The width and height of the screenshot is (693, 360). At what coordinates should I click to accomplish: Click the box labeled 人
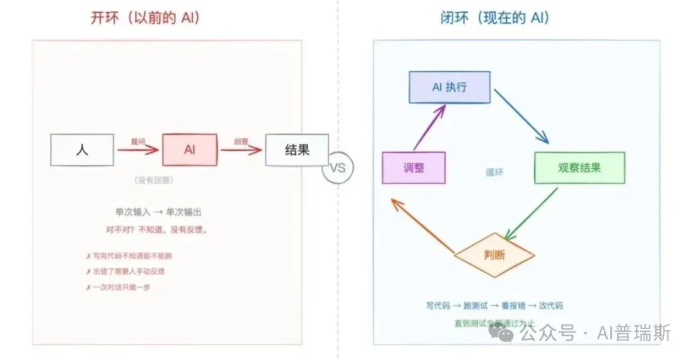[x=82, y=150]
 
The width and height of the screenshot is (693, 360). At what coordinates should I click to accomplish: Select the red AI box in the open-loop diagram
[x=190, y=150]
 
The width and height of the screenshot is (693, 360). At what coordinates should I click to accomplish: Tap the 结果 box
[x=297, y=150]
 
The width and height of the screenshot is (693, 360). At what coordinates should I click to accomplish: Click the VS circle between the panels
[x=338, y=167]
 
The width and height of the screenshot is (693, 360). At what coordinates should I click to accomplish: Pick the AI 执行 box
[x=449, y=87]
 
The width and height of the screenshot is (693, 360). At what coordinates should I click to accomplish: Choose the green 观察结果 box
[x=579, y=167]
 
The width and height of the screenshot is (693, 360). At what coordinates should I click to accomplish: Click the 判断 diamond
[x=494, y=255]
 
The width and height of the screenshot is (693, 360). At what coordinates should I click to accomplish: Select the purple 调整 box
[x=414, y=167]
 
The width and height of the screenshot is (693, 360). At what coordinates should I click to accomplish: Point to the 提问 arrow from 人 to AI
[x=138, y=150]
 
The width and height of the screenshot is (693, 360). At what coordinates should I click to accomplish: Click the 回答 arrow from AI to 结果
[x=241, y=150]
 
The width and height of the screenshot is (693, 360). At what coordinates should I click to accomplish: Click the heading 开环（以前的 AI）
[x=145, y=17]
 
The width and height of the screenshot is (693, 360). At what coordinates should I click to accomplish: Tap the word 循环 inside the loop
[x=495, y=172]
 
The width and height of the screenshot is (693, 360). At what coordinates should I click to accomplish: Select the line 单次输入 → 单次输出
[x=162, y=212]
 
